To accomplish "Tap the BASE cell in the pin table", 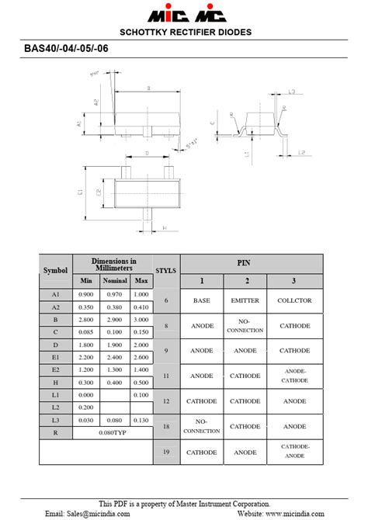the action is tap(202, 300).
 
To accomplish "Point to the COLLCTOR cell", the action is tap(294, 300).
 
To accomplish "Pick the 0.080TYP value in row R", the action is tap(113, 432).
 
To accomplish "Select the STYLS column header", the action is tap(166, 271).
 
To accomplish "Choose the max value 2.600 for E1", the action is tap(141, 357).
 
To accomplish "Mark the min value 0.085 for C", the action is tap(85, 332).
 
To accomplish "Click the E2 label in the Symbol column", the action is tap(55, 369).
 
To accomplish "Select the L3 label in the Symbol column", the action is tap(55, 420).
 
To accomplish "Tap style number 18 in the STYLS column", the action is tap(166, 426).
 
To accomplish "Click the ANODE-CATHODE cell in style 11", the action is tap(294, 376).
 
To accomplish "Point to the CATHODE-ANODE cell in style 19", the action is tap(294, 451).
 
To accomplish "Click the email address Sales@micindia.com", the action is tap(85, 514).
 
